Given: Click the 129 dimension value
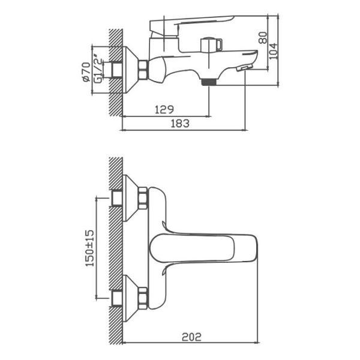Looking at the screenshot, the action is pos(164,110).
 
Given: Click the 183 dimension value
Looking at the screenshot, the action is pos(180,123).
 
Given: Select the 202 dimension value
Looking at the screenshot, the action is pos(191,337).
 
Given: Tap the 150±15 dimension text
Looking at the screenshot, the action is pos(90,248).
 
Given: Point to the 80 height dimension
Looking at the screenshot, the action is pos(263,38).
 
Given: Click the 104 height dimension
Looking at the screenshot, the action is pos(273,51).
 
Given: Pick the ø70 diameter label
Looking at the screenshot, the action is pos(86,72).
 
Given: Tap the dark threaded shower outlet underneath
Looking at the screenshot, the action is pos(209,82).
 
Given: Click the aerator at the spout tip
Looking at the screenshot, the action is pos(244,68).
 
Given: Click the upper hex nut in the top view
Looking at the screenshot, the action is pos(143,198).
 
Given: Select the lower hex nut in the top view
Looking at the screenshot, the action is pos(143,298).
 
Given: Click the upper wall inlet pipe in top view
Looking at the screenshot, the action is pos(117,199).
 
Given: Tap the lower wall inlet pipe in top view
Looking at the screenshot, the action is pos(117,298).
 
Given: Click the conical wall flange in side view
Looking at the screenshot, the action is pos(131,70).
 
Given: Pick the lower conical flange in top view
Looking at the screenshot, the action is pos(131,298).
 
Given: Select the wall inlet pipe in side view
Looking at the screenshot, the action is pos(117,70).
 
